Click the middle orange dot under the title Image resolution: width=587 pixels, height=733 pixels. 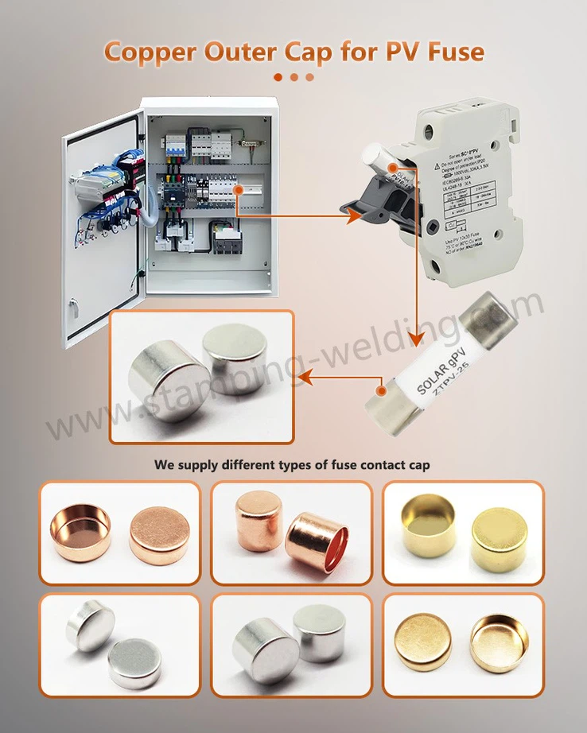coord(293,77)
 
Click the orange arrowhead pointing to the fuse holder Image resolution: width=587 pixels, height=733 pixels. coord(356,213)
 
